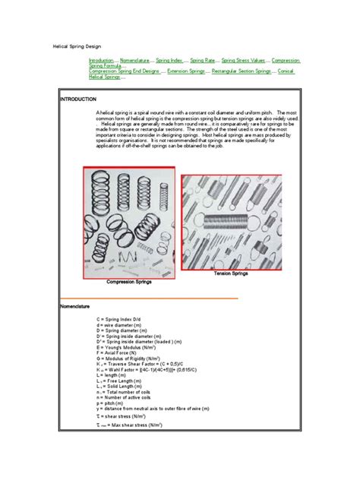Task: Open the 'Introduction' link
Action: click(101, 59)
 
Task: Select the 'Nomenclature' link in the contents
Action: click(135, 59)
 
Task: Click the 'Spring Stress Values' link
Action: click(243, 59)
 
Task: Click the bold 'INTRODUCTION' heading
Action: click(78, 99)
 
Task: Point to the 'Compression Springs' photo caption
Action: click(128, 281)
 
